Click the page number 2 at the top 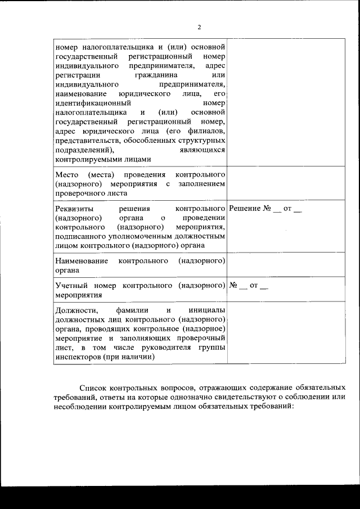coord(199,27)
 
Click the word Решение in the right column coord(246,209)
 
